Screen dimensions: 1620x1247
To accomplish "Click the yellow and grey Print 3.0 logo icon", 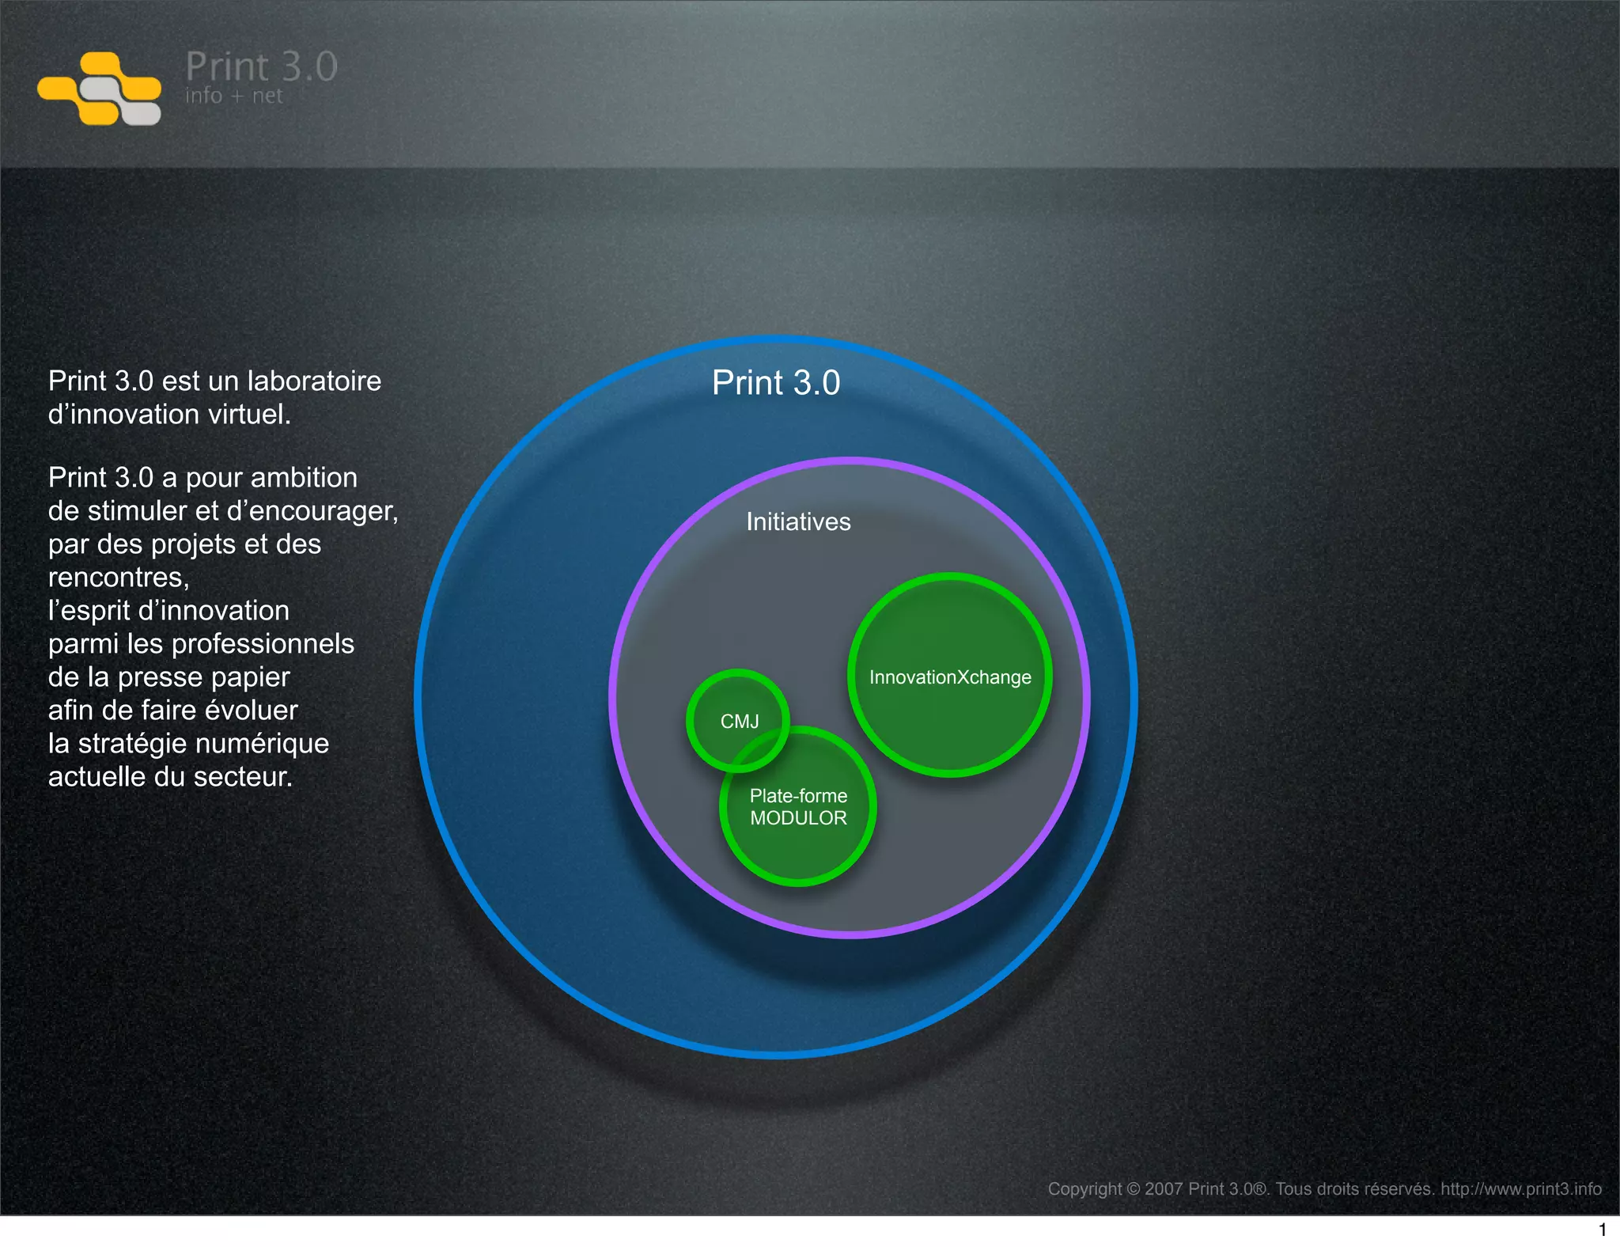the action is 100,89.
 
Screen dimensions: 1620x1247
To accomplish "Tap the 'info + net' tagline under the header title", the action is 233,97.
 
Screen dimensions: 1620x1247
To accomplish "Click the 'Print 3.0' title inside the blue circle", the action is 775,383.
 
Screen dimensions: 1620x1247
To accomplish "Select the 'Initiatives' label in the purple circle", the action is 798,522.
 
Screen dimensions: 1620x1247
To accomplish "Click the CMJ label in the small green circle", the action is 740,722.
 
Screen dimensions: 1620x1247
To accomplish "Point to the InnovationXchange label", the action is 950,677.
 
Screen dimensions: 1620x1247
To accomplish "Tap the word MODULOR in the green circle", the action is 798,818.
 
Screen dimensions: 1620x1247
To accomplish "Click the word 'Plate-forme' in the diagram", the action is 798,796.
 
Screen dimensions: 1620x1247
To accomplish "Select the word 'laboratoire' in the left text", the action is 314,381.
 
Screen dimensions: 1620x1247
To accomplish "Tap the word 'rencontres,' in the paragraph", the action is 119,578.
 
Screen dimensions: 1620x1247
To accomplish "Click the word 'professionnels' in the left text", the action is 263,644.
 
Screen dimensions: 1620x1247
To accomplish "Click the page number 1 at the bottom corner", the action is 1603,1230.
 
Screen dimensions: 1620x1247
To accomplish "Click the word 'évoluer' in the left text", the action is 252,711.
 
